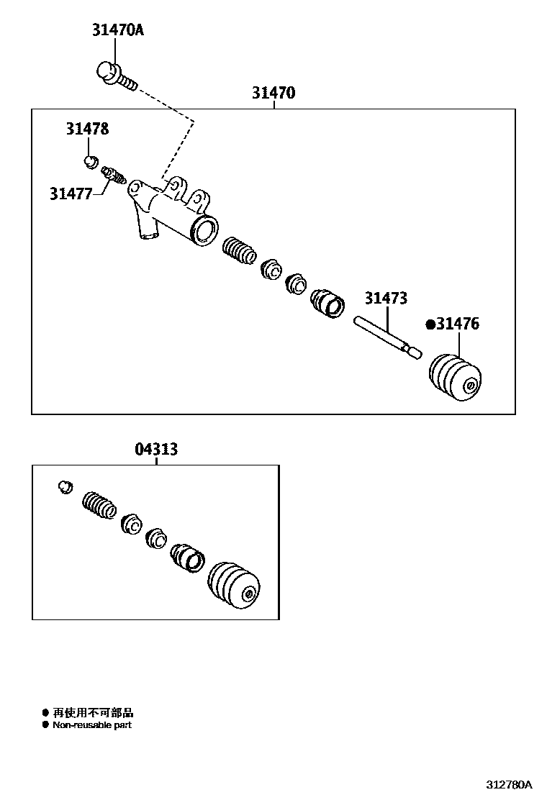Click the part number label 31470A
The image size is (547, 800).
pos(117,30)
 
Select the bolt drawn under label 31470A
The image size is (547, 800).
pos(115,77)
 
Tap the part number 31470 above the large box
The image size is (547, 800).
pos(273,93)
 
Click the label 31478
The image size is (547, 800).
pos(88,129)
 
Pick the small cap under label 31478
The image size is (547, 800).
pos(91,160)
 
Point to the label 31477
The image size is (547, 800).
pos(71,194)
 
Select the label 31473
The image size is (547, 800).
pos(386,298)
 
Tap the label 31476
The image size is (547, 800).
pos(458,324)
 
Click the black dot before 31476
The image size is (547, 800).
pos(430,324)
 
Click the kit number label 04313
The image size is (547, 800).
pos(156,450)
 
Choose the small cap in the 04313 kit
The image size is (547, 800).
pos(65,487)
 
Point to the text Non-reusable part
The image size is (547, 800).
pos(92,725)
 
